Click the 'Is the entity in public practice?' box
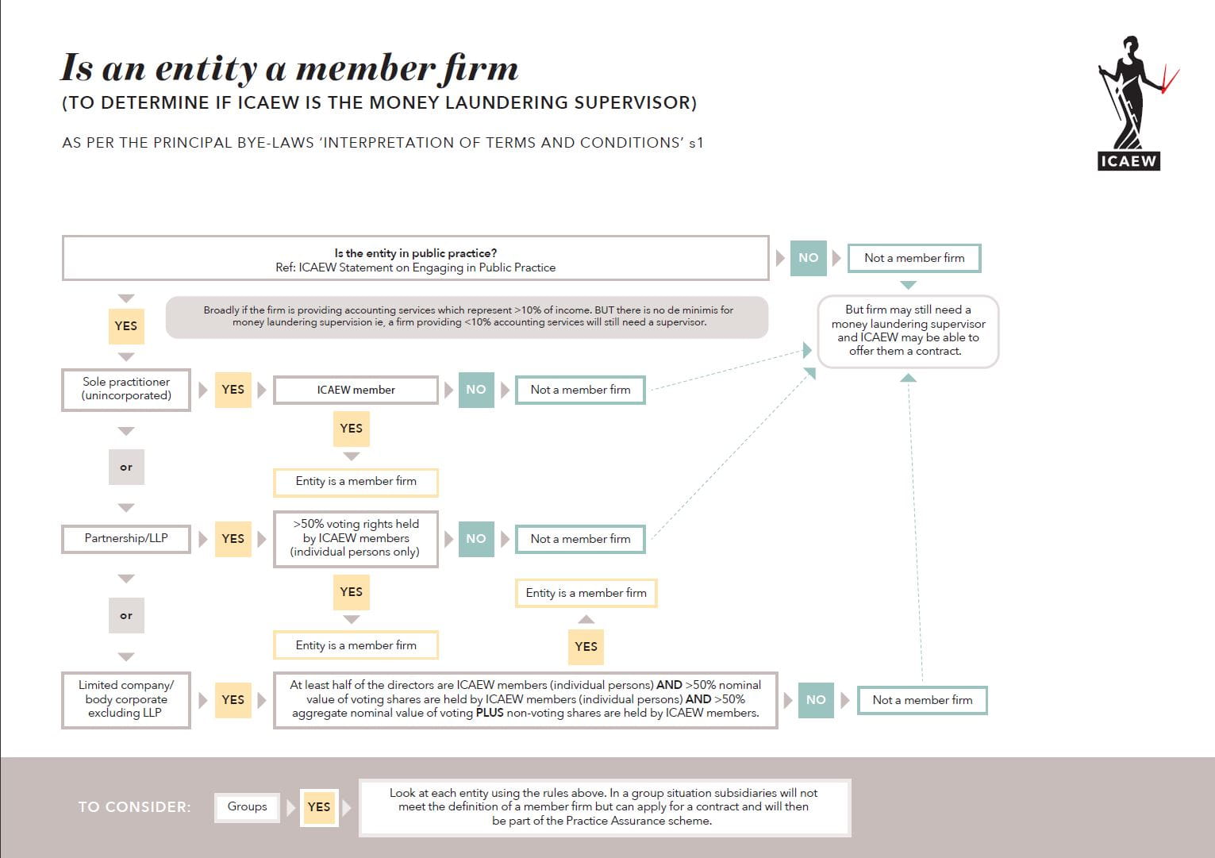415,259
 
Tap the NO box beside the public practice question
808,258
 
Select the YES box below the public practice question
126,326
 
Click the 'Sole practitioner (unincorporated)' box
126,389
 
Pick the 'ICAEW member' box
356,390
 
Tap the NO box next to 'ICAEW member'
475,390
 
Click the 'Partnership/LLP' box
126,538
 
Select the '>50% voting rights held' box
356,538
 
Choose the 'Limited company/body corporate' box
126,699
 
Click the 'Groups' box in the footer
247,806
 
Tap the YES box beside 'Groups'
319,807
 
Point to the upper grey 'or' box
126,467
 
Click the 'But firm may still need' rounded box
908,330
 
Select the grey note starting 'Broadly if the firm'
467,317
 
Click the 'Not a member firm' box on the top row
914,258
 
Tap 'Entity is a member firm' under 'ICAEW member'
356,481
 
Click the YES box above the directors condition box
586,647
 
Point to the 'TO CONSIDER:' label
134,807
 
